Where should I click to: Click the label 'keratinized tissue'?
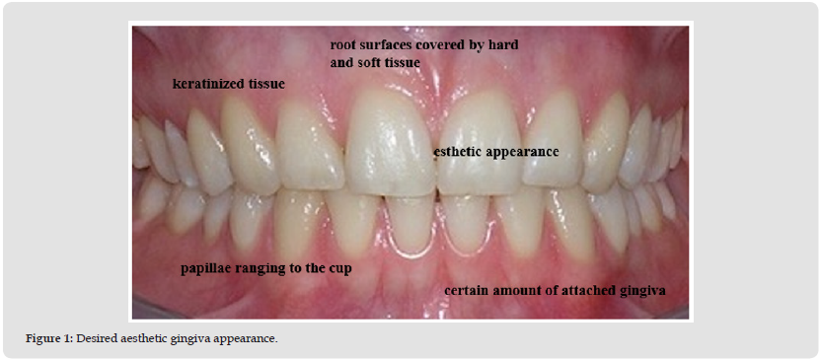click(x=229, y=84)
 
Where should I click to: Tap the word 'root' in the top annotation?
click(x=340, y=45)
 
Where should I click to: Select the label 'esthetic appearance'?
click(x=496, y=153)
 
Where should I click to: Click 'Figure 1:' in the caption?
click(x=49, y=338)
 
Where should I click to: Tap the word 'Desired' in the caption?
click(x=93, y=338)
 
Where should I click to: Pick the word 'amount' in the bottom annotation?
click(x=508, y=292)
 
